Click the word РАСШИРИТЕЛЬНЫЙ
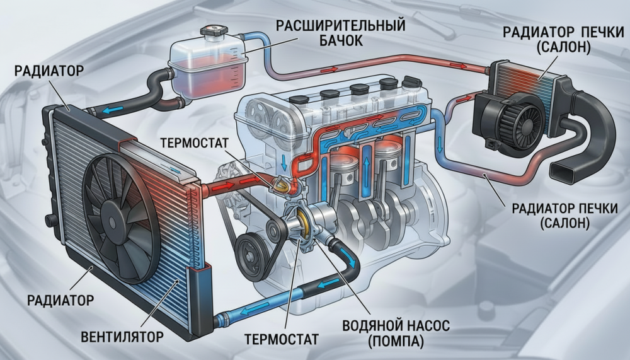(x=341, y=26)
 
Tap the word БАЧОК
(x=341, y=40)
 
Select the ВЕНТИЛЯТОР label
(x=122, y=337)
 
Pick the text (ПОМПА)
(x=396, y=342)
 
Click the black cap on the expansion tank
(x=215, y=31)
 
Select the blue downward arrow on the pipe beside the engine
(x=440, y=145)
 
